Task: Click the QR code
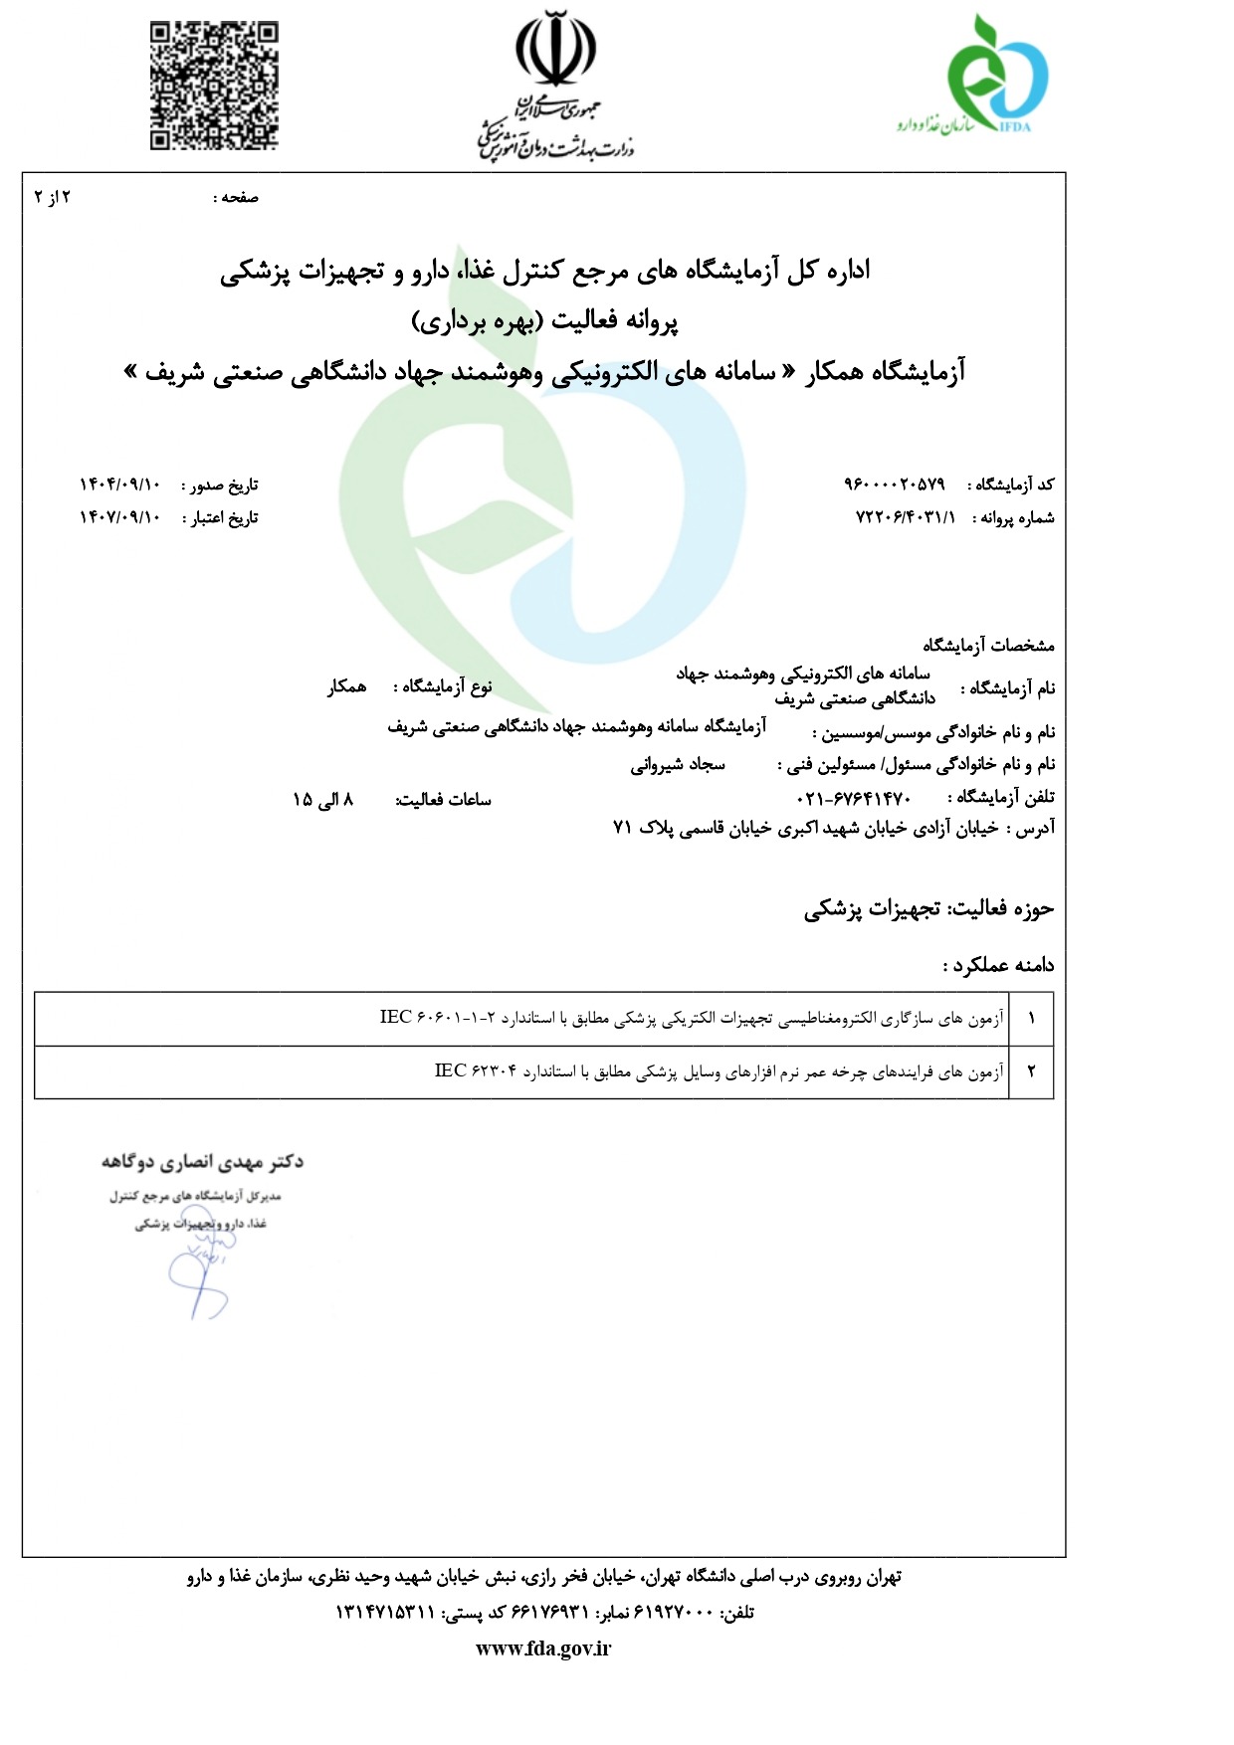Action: (214, 87)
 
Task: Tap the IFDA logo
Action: (995, 76)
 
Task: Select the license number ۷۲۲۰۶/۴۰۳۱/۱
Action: (905, 517)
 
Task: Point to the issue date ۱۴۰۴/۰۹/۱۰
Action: (119, 485)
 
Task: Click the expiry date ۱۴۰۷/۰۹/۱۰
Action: (119, 517)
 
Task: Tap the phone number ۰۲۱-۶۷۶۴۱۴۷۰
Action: (854, 798)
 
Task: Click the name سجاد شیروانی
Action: (678, 765)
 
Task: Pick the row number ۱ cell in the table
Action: (1031, 1018)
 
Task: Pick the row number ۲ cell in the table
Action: (1031, 1071)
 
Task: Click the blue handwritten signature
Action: (199, 1278)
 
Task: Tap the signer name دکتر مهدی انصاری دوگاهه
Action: (202, 1161)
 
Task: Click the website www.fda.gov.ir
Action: (543, 1648)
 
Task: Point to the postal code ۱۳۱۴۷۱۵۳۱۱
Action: (386, 1613)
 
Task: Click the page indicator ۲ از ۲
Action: (53, 197)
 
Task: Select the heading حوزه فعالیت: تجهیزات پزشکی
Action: (928, 908)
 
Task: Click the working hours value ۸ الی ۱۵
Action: (323, 799)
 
